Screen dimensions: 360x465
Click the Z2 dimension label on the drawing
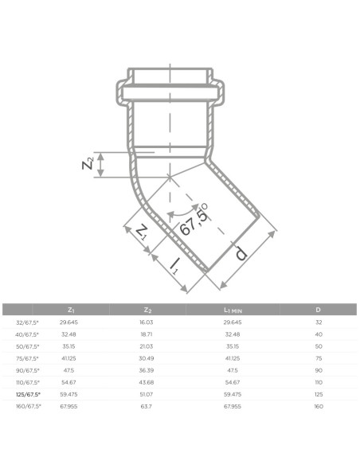(88, 163)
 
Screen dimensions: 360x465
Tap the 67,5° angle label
(194, 220)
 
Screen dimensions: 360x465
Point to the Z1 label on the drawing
(142, 232)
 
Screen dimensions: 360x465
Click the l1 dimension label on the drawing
(175, 266)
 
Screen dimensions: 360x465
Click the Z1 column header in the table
(71, 311)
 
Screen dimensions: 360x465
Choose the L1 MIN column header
(233, 311)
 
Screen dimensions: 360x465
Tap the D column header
(319, 310)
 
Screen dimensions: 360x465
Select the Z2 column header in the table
(147, 311)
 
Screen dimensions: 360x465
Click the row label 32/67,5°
(27, 322)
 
